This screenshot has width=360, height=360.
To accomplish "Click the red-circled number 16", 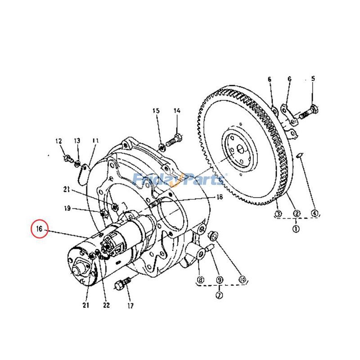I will click(39, 229).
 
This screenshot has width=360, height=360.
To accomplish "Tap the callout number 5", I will click(313, 79).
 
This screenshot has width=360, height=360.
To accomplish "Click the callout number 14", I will click(177, 111).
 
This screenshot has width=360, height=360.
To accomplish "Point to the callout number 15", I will click(156, 111).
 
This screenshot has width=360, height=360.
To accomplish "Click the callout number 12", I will click(58, 141).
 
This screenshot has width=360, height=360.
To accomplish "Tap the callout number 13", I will click(77, 141).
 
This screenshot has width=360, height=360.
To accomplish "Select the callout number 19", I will click(67, 208).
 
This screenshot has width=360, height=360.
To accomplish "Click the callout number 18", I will click(220, 197).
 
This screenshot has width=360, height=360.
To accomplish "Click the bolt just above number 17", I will click(122, 284).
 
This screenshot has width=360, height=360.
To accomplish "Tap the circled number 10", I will click(243, 279).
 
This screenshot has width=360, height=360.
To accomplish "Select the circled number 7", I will click(219, 295).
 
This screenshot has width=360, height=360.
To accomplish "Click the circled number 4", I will click(314, 213).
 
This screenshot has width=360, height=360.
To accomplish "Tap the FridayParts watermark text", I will click(180, 180).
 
